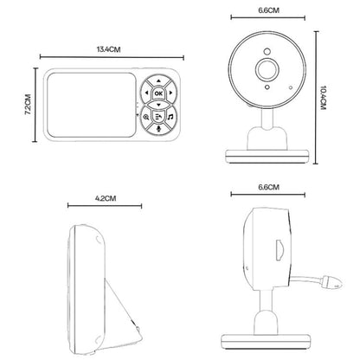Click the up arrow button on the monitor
pyautogui.click(x=157, y=82)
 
